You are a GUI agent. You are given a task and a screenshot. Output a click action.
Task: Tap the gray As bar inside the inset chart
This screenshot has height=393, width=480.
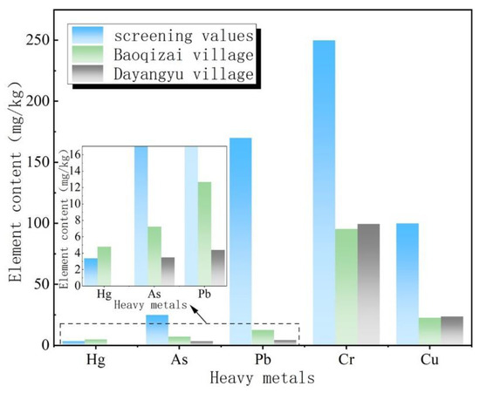coord(168,270)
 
